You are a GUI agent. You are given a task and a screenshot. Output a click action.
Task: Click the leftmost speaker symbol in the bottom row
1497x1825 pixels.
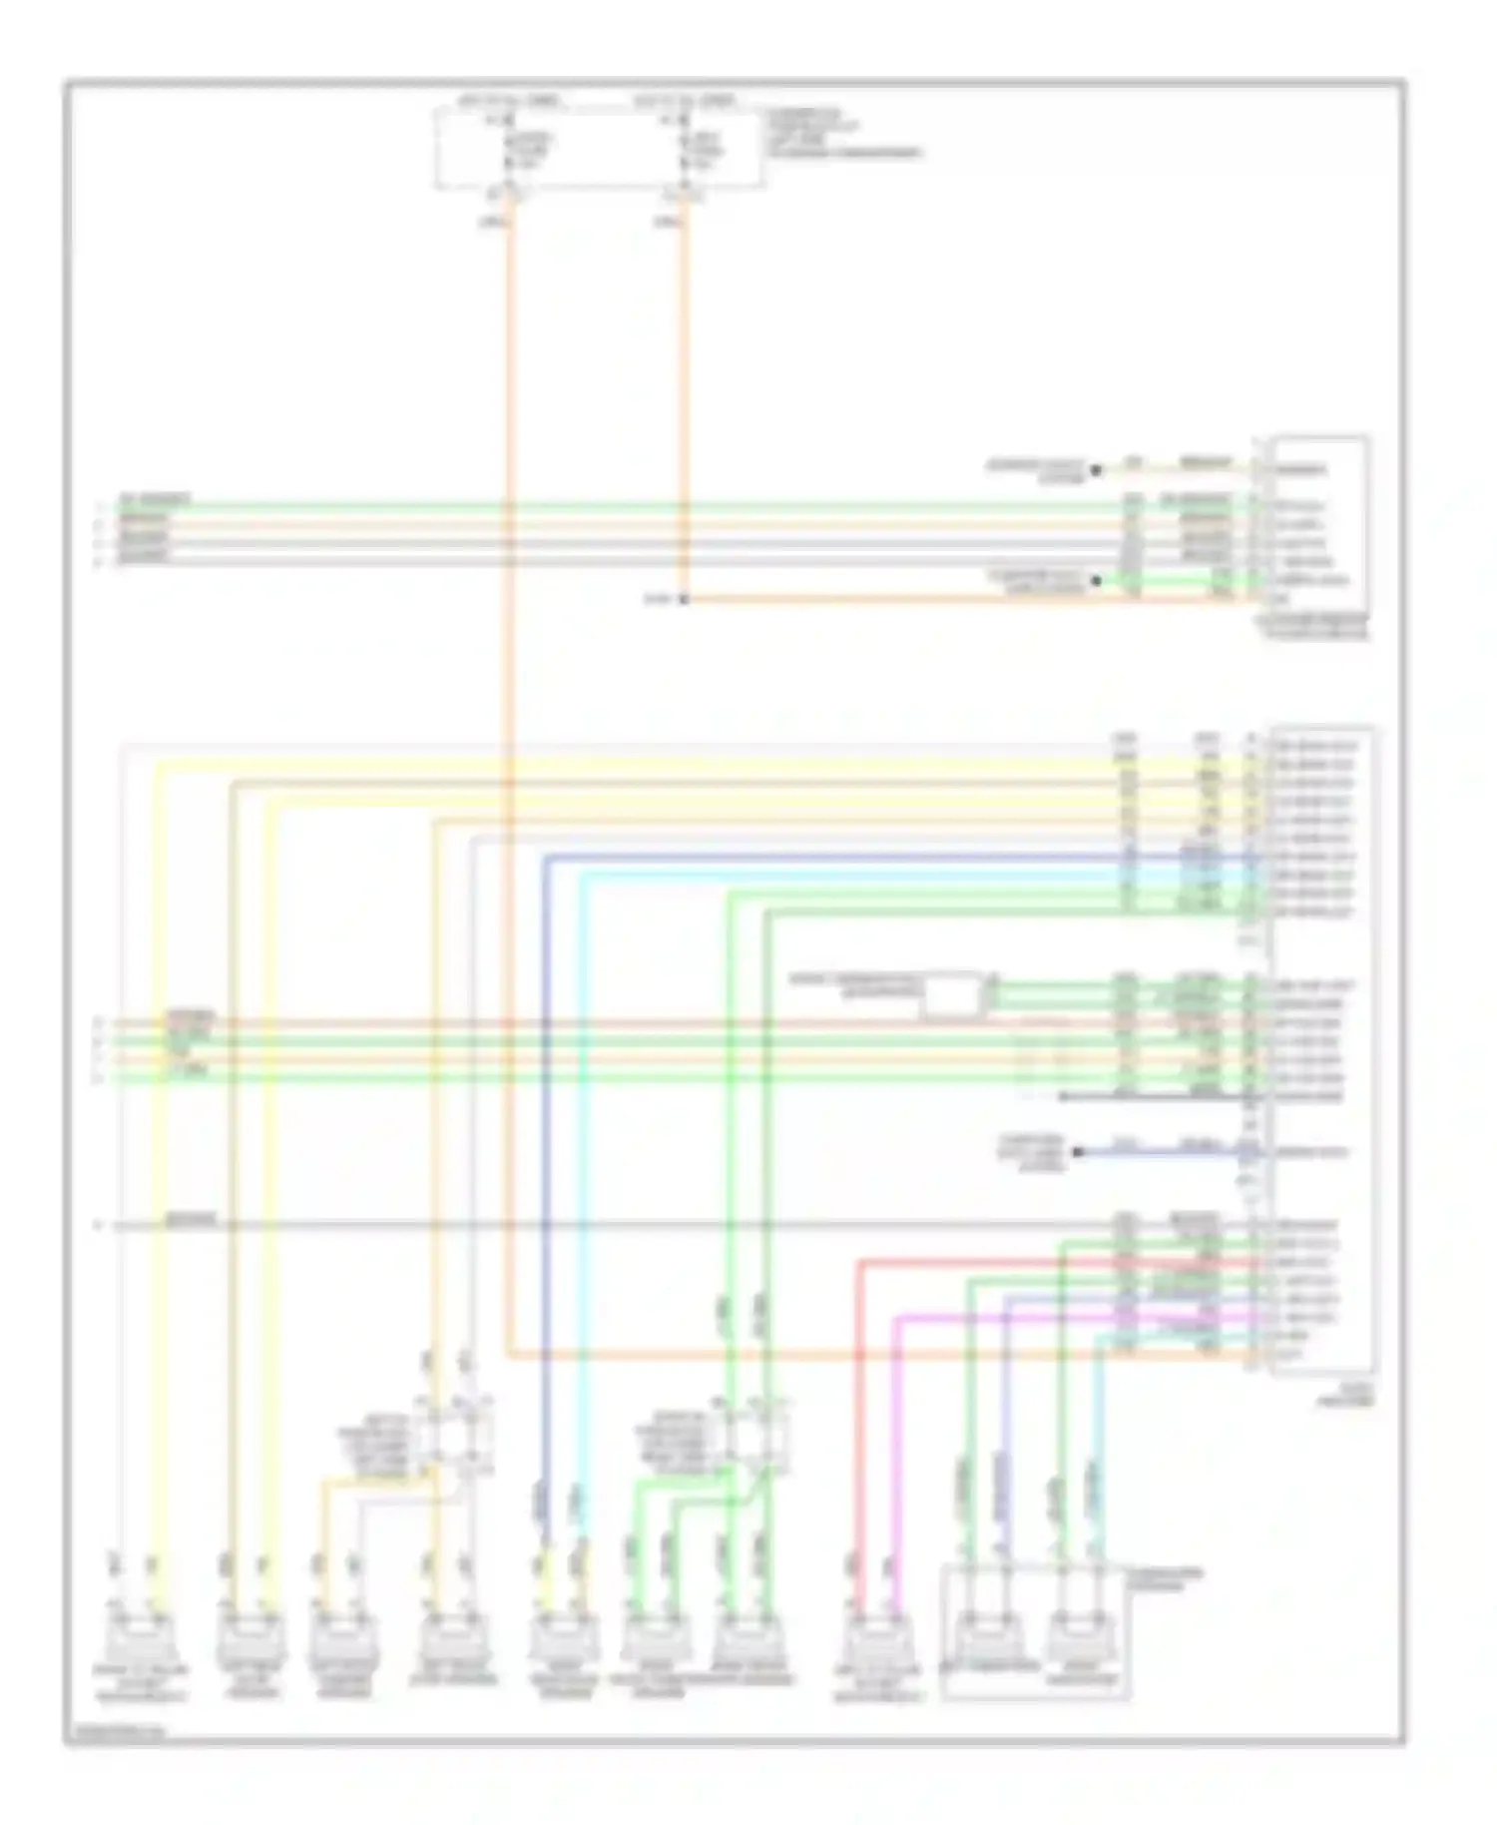point(142,1635)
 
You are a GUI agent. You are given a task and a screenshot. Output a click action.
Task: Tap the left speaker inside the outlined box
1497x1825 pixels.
point(983,1635)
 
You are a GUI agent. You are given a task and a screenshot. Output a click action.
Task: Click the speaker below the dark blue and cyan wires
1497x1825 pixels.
point(562,1635)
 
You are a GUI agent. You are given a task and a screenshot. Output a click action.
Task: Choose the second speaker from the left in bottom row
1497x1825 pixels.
point(249,1635)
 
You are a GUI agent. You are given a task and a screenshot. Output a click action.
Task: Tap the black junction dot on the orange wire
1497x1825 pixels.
point(684,599)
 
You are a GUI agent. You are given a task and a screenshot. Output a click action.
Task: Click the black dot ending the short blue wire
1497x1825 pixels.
point(1078,1152)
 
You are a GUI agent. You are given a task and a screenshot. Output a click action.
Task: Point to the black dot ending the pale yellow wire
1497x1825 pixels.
point(1096,468)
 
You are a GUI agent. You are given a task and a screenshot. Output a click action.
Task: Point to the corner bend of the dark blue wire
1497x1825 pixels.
point(546,858)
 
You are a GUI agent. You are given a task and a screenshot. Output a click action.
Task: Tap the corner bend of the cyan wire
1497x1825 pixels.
point(584,876)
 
